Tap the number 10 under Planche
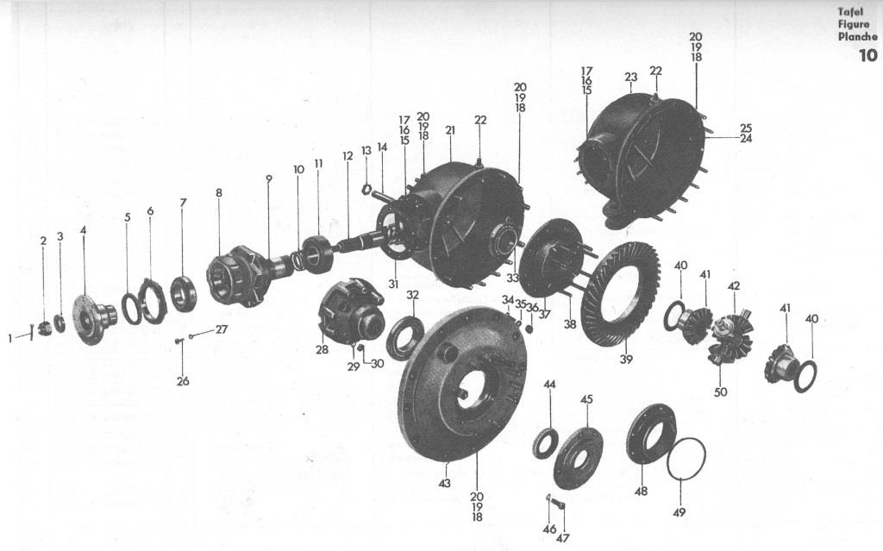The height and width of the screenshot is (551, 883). pyautogui.click(x=867, y=55)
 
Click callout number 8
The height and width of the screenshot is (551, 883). pyautogui.click(x=218, y=192)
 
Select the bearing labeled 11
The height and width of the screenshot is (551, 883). pyautogui.click(x=319, y=254)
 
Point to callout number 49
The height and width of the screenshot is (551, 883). pyautogui.click(x=679, y=512)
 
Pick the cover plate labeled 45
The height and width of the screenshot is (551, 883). pyautogui.click(x=578, y=458)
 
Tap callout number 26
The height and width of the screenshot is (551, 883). pyautogui.click(x=183, y=381)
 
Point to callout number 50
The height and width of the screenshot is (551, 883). pyautogui.click(x=721, y=391)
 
